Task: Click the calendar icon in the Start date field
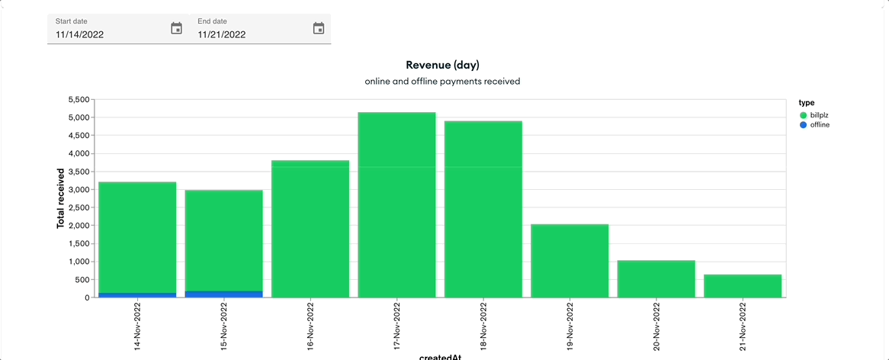(176, 28)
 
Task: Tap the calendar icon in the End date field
(319, 28)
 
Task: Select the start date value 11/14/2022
(80, 34)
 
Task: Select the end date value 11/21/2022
(222, 34)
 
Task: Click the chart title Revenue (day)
(442, 65)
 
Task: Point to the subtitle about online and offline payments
(442, 81)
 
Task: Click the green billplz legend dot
(803, 114)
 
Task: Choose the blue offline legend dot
(803, 124)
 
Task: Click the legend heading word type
(807, 102)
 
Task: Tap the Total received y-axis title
(60, 198)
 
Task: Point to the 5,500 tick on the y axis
(79, 100)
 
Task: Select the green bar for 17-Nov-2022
(396, 206)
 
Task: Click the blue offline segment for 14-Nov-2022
(137, 294)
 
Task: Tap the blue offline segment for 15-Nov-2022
(224, 294)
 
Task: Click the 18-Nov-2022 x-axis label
(483, 326)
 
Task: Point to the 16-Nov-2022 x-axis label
(310, 326)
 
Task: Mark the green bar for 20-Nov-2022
(656, 279)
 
